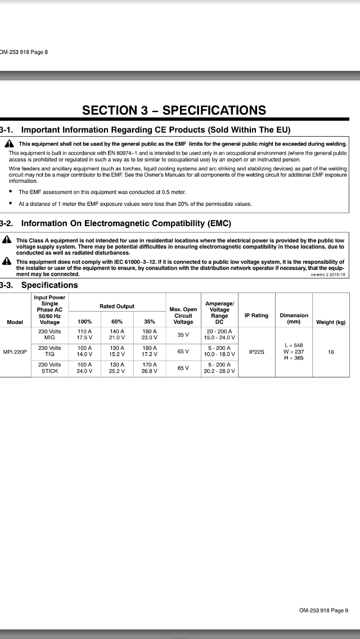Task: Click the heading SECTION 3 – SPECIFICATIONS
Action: click(x=174, y=110)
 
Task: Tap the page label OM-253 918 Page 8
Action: click(x=24, y=52)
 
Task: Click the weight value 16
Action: click(x=331, y=352)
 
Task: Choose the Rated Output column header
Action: click(x=117, y=306)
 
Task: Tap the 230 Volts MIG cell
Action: click(x=49, y=334)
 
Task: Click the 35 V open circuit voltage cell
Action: click(x=183, y=334)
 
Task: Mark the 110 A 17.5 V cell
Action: click(x=84, y=334)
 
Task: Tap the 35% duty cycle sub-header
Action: click(x=150, y=322)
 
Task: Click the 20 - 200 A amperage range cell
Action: click(x=219, y=334)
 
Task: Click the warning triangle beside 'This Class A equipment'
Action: click(x=7, y=240)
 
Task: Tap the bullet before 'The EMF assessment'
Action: click(x=12, y=192)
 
